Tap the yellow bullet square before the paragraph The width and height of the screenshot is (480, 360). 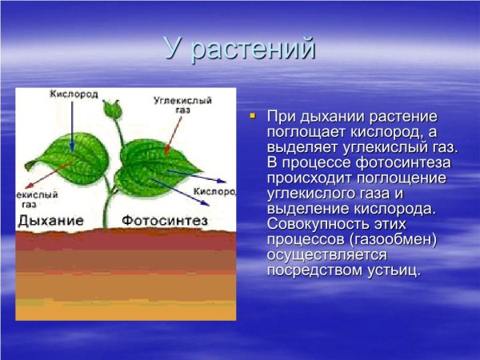pos(252,116)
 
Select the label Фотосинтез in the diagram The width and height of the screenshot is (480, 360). pos(165,219)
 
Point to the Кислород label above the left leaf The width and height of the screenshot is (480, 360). pos(74,94)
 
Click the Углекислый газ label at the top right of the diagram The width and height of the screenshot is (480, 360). pos(171,106)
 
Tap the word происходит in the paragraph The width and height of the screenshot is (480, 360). pos(305,178)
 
